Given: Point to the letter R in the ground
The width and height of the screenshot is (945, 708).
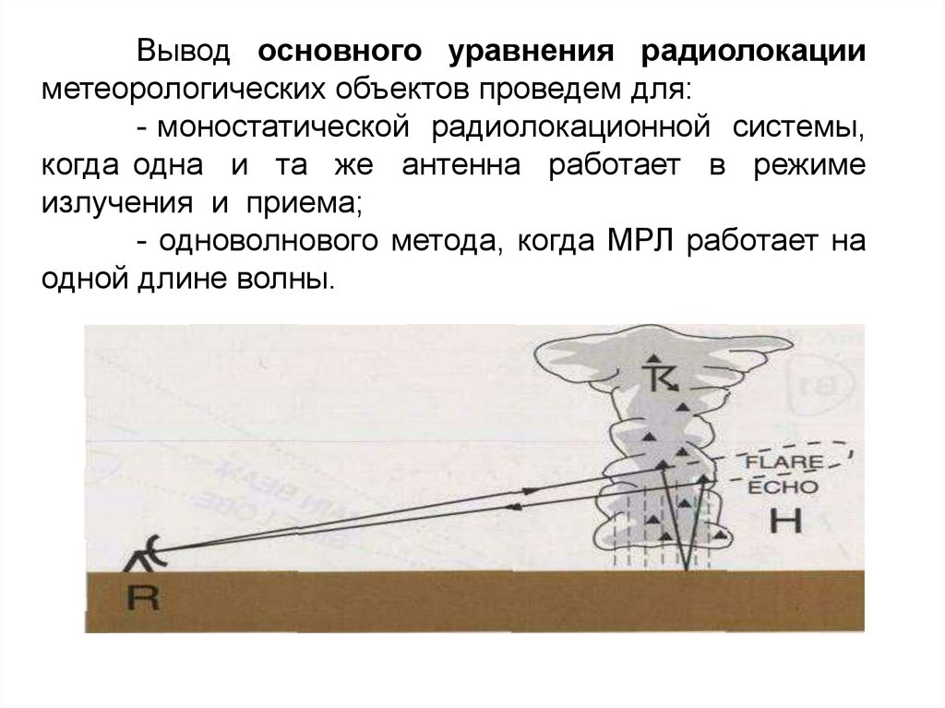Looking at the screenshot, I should point(143,600).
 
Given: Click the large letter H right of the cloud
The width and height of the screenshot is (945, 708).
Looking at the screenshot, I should point(786,522).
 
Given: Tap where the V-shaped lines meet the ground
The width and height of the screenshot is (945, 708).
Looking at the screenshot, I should point(688,570).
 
